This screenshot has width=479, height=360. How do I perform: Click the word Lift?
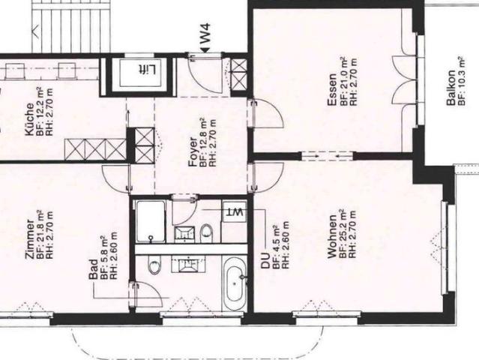click(145, 70)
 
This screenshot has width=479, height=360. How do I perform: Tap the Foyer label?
click(193, 150)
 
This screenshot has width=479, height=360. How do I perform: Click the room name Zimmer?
click(29, 238)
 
